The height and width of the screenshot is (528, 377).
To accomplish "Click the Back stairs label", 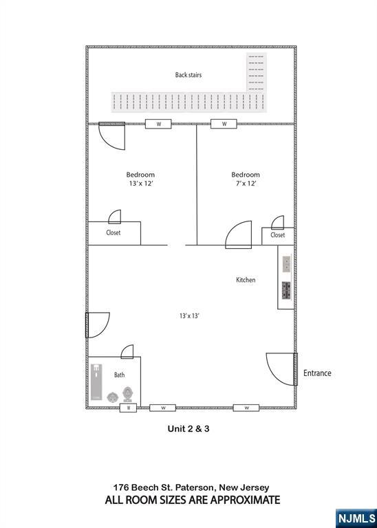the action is (x=188, y=75).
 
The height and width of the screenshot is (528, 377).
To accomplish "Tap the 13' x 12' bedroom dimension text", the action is (x=140, y=184).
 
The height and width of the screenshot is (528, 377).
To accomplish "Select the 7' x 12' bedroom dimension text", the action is (x=246, y=184).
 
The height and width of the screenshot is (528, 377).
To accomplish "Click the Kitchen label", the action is (x=246, y=280).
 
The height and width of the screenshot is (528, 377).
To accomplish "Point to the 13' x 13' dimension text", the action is (x=189, y=316).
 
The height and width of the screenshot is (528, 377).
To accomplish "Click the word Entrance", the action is (x=317, y=373).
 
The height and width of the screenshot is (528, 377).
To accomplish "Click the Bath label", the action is (x=119, y=375).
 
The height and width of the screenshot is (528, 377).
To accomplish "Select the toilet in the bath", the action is (x=127, y=395).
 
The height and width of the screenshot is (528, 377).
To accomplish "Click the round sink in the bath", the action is (x=112, y=397).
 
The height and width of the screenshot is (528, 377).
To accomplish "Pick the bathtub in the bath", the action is (x=96, y=382).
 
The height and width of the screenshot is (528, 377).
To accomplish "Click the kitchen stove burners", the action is (x=286, y=291).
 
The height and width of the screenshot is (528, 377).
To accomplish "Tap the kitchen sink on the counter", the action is (x=286, y=264).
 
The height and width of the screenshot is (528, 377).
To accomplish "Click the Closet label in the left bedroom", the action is (x=114, y=232).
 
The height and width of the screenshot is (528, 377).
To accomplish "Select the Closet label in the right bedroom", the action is (x=278, y=235).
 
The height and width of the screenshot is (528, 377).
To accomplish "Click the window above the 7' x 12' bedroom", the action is (x=224, y=124).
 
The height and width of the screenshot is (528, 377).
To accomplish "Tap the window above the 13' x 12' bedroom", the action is (x=158, y=124).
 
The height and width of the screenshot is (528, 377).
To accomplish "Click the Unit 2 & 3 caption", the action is (x=188, y=429).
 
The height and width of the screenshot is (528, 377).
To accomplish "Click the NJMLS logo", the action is (x=356, y=518).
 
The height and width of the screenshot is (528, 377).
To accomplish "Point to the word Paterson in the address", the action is (x=197, y=487).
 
